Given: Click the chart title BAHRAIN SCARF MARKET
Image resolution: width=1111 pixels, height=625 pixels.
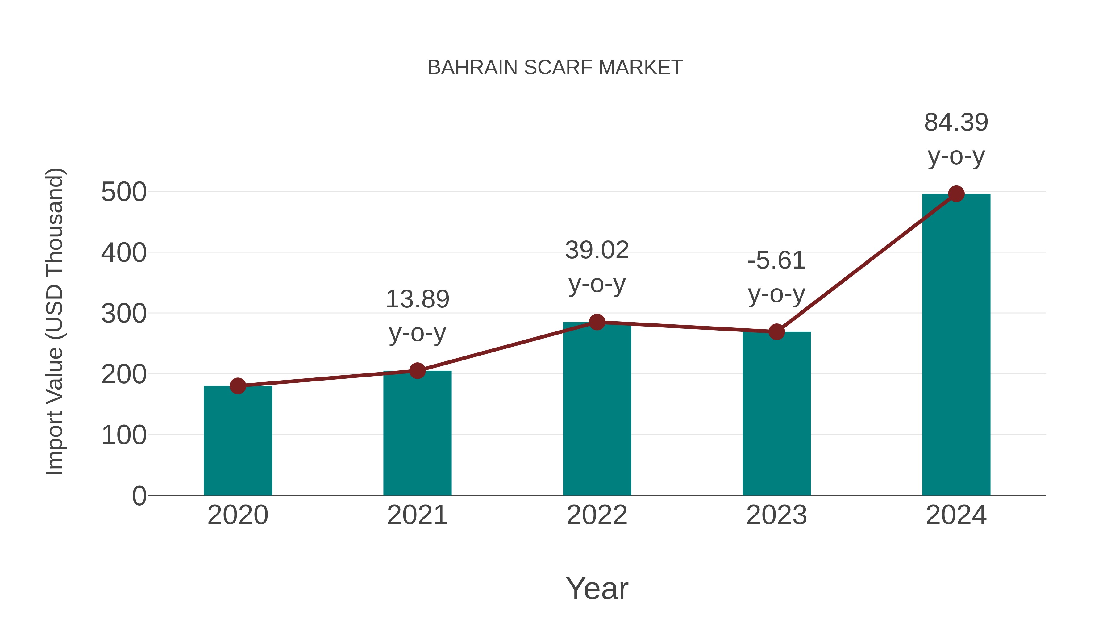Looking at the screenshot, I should [555, 68].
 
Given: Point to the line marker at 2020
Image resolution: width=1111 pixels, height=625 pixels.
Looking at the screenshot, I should [238, 385].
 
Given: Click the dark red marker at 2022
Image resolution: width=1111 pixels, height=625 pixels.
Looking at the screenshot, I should [597, 322].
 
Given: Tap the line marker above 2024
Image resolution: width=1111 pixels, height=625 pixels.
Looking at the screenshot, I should [956, 194].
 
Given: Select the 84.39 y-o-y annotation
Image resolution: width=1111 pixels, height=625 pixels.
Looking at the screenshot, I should [956, 139].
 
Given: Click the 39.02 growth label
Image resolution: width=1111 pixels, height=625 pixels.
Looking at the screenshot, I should [597, 267].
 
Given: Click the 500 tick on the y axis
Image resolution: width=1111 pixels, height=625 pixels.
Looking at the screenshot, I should [124, 192].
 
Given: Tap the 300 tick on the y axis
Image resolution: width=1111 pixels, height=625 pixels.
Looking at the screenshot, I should [124, 314].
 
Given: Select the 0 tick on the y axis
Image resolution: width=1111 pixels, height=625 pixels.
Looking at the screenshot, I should [139, 496].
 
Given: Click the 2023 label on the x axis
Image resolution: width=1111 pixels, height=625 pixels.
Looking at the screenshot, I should [776, 515].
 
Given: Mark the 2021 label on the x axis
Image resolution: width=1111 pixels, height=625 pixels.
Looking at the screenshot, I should [417, 515].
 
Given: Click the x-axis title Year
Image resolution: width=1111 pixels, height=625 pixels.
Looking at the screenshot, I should [597, 588].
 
